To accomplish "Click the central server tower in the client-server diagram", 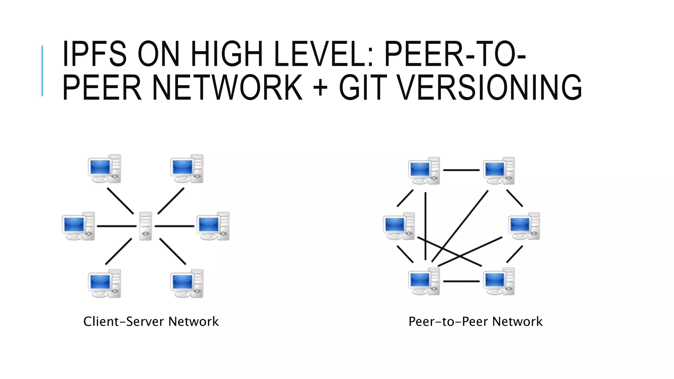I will click(x=145, y=226).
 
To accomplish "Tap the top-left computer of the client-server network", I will click(x=104, y=168).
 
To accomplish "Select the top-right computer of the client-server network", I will click(x=187, y=168).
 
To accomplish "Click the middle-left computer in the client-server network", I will click(x=78, y=226).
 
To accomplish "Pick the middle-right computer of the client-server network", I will click(x=213, y=226).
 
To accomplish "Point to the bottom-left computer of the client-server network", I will click(x=104, y=283).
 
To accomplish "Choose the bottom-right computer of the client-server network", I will click(x=187, y=283).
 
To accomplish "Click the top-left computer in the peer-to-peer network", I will click(x=424, y=171).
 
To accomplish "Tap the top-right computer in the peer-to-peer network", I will click(x=499, y=171).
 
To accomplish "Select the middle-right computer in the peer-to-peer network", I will click(x=524, y=226).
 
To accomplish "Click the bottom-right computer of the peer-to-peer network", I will click(x=499, y=281).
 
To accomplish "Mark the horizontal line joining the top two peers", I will click(x=461, y=170).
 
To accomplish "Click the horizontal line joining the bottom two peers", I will click(x=461, y=281).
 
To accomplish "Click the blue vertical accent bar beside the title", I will click(x=42, y=71).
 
